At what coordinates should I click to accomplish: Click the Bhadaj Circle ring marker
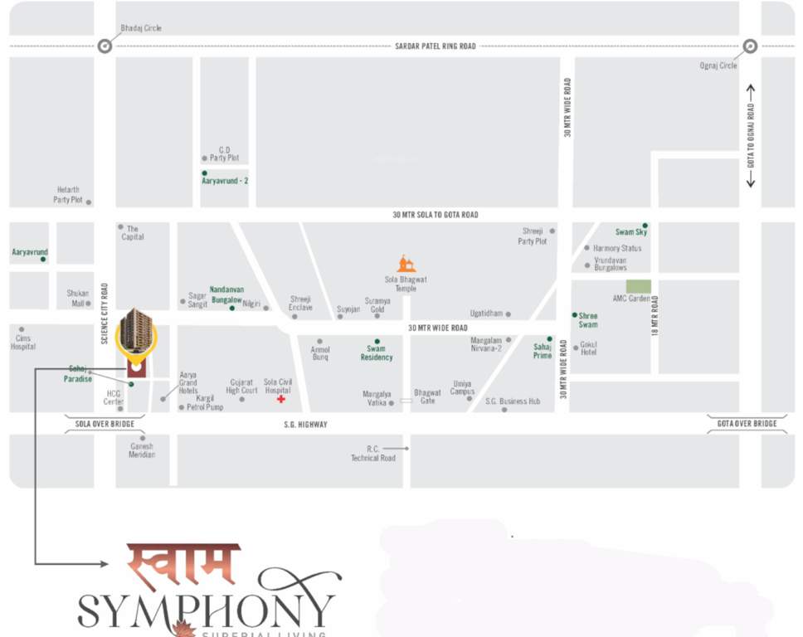click(x=105, y=46)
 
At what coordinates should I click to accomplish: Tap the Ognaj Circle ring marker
click(x=750, y=46)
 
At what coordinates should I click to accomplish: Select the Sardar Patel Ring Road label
click(x=435, y=46)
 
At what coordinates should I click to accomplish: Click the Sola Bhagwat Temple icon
click(x=406, y=264)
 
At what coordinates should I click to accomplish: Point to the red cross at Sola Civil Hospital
click(x=281, y=399)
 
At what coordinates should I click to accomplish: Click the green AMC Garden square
click(x=638, y=286)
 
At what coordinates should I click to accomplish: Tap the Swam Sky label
click(x=630, y=232)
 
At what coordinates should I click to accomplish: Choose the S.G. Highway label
click(x=306, y=425)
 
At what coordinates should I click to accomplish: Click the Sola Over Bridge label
click(x=105, y=424)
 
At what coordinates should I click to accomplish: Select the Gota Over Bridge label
click(x=747, y=424)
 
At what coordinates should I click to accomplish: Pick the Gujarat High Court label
click(x=242, y=387)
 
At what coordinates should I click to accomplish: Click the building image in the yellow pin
click(x=136, y=330)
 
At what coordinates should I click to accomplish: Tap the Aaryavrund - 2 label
click(x=225, y=180)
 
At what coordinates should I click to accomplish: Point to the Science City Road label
click(x=105, y=314)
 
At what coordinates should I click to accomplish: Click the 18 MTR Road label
click(x=655, y=315)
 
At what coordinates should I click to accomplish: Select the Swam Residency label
click(x=377, y=353)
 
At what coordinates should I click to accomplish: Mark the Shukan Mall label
click(x=77, y=298)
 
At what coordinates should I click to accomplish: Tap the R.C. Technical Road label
click(x=372, y=453)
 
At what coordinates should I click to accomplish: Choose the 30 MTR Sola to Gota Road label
click(x=435, y=215)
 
